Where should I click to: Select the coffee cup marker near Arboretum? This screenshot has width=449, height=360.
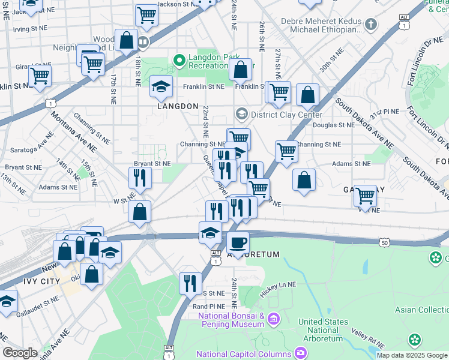point(238,243)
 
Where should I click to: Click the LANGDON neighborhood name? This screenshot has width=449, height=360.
point(178,106)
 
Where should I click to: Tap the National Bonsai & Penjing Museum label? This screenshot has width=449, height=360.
point(231,320)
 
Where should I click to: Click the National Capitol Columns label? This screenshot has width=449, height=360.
point(243,353)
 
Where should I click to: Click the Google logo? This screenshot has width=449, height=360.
point(20,353)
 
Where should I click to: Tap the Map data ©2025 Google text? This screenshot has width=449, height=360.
point(411,355)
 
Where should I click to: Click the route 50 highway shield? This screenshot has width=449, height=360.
point(384,242)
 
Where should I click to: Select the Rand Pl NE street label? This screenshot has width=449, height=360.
point(208,306)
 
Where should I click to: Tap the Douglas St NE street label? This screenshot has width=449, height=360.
point(334,125)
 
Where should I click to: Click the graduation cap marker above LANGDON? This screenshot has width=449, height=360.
point(161,87)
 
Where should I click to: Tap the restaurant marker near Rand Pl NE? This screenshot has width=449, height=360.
point(190,283)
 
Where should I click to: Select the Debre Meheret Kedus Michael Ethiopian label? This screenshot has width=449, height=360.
point(321,26)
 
